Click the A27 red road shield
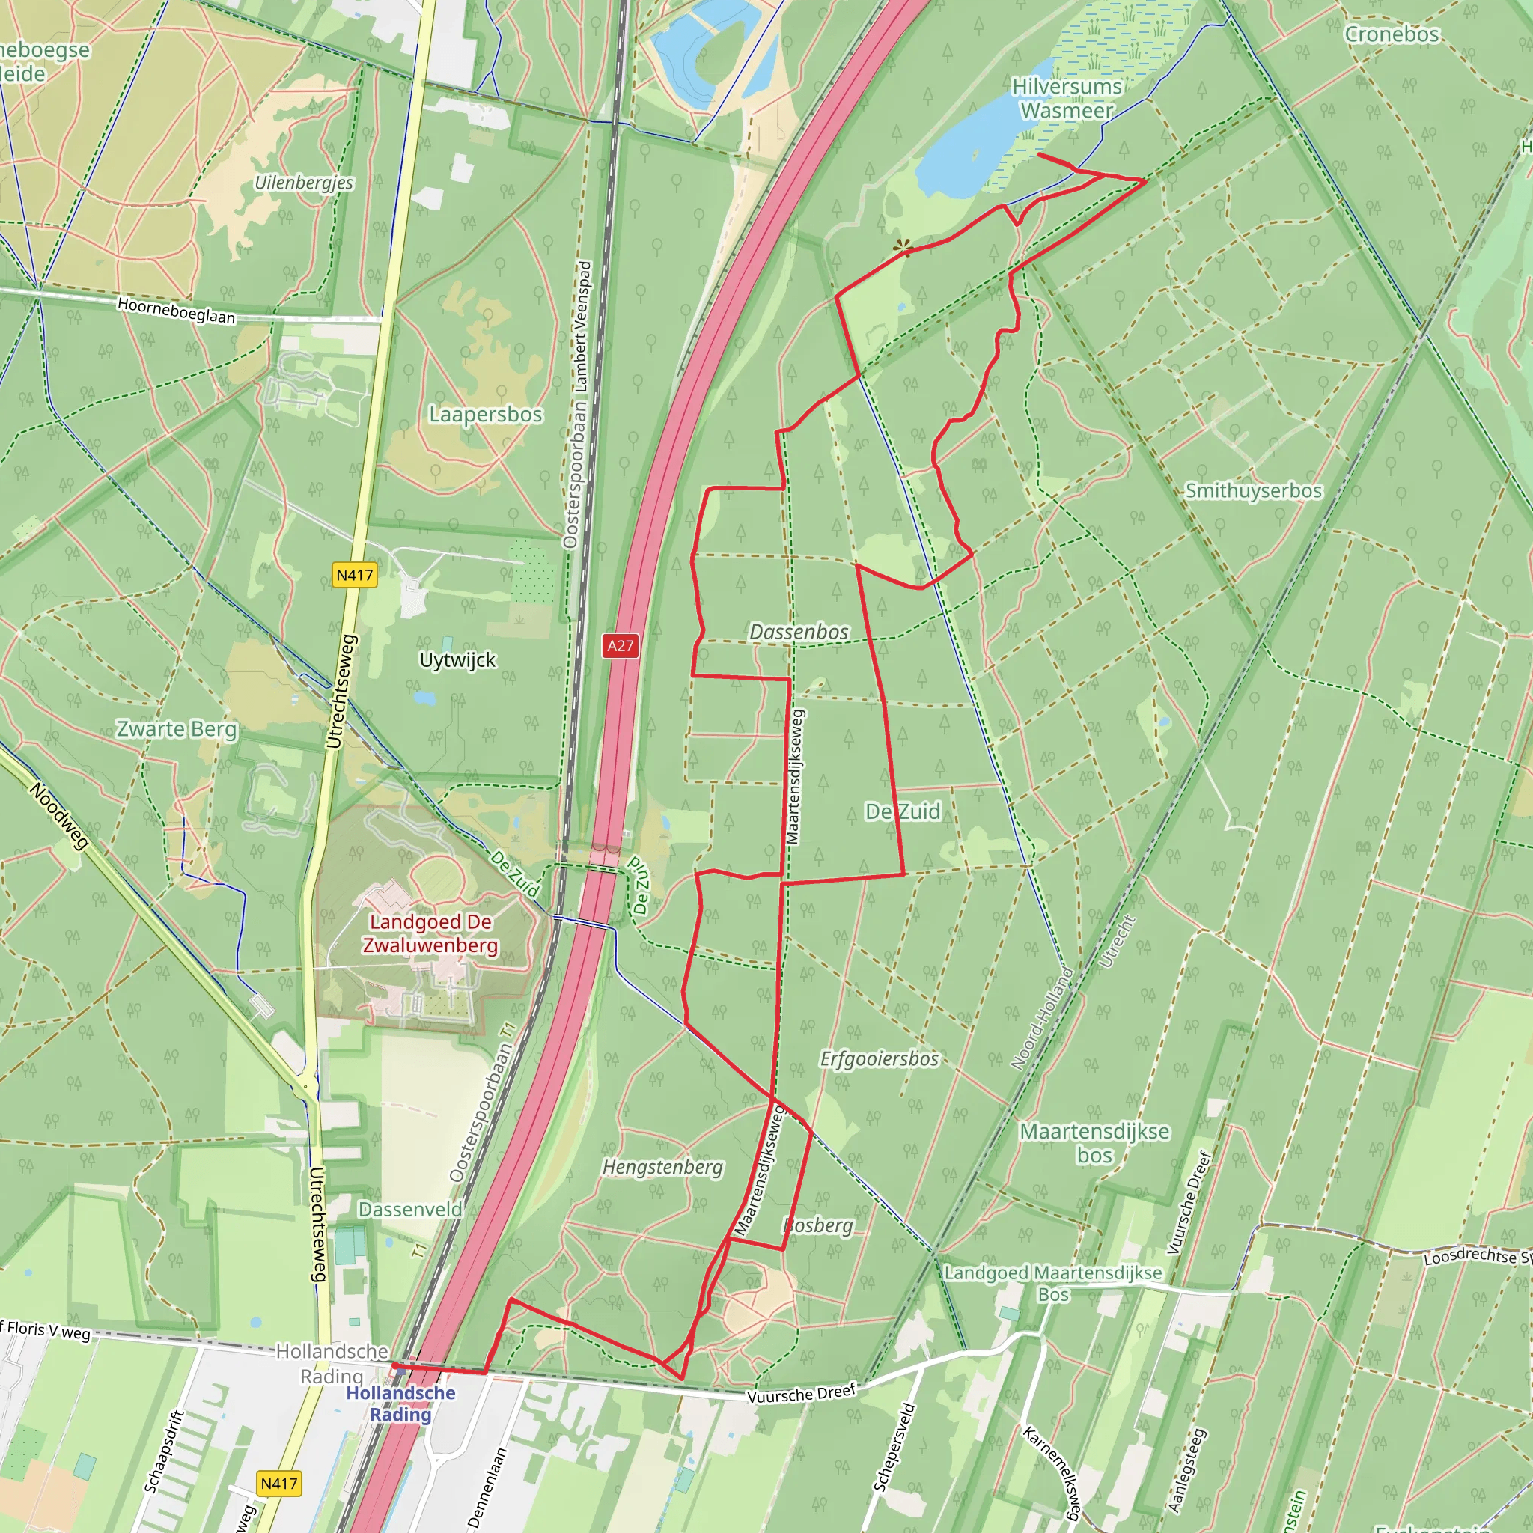(x=620, y=645)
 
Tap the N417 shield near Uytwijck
(x=354, y=576)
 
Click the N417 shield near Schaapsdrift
(x=278, y=1483)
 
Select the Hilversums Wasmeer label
(x=1067, y=98)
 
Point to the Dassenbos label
(x=799, y=632)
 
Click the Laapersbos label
(x=486, y=414)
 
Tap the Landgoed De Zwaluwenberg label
(x=431, y=934)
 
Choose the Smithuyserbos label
(x=1254, y=490)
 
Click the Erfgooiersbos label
(x=880, y=1058)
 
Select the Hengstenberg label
(x=662, y=1166)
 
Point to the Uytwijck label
(x=457, y=660)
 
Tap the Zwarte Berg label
(x=176, y=729)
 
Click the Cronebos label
(x=1391, y=34)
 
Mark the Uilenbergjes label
(x=304, y=183)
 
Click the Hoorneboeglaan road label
(x=176, y=310)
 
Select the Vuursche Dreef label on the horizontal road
(x=802, y=1393)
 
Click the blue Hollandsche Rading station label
(x=400, y=1403)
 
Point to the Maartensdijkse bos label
(x=1094, y=1142)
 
